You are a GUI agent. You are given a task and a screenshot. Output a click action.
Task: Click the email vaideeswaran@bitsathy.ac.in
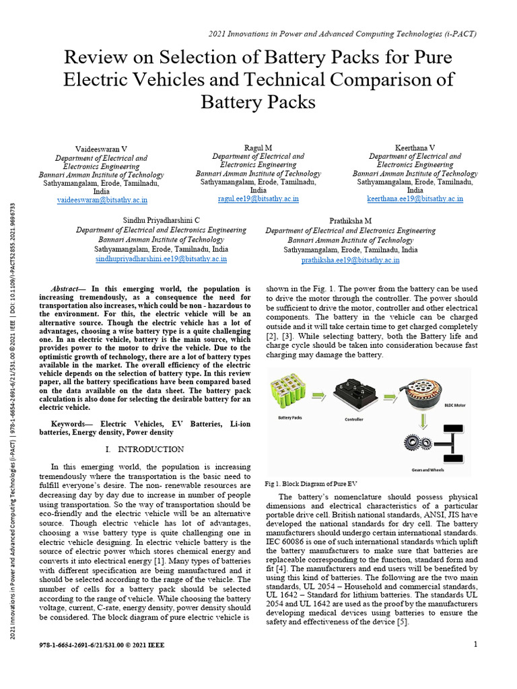pos(102,200)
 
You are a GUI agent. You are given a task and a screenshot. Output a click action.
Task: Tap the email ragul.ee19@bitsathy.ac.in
pos(258,198)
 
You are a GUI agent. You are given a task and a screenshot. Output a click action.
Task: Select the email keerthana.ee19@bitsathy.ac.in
pos(415,198)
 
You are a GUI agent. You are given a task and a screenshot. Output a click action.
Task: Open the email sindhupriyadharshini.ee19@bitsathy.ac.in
pos(161,258)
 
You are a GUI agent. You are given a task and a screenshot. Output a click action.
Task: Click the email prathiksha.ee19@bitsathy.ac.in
pos(350,260)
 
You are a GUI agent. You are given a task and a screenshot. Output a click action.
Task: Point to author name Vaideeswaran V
pos(102,147)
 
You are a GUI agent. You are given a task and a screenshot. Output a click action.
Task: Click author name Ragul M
pos(258,147)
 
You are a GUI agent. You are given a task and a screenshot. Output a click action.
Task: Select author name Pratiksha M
pos(350,221)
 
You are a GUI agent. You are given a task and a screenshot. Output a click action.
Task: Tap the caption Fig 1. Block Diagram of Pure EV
pos(311,484)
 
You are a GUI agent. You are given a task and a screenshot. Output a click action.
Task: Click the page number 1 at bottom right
pos(475,645)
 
